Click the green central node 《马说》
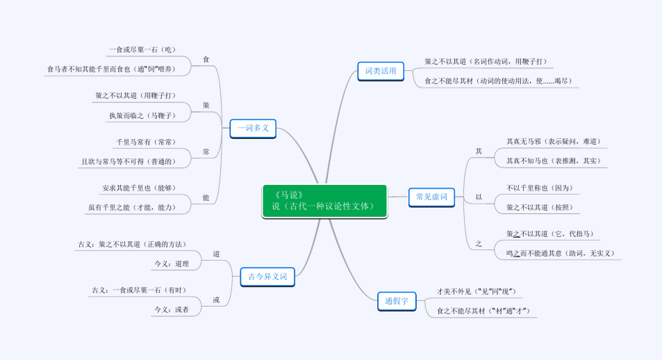tap(325, 201)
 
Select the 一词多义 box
tap(253, 128)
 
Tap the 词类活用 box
tap(381, 71)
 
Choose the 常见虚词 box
tap(432, 196)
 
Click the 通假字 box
tap(396, 301)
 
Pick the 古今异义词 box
tap(267, 276)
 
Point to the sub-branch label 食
tap(207, 58)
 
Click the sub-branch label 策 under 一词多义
tap(207, 105)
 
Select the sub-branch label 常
tap(207, 152)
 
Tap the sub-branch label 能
tap(207, 197)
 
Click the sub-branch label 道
tap(217, 253)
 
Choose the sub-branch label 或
tap(217, 300)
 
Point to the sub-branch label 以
tap(479, 197)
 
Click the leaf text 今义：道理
tap(171, 264)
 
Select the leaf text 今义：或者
tap(171, 310)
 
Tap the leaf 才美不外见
tap(476, 291)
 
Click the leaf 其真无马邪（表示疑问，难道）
tap(553, 141)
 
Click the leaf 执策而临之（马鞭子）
tap(140, 115)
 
